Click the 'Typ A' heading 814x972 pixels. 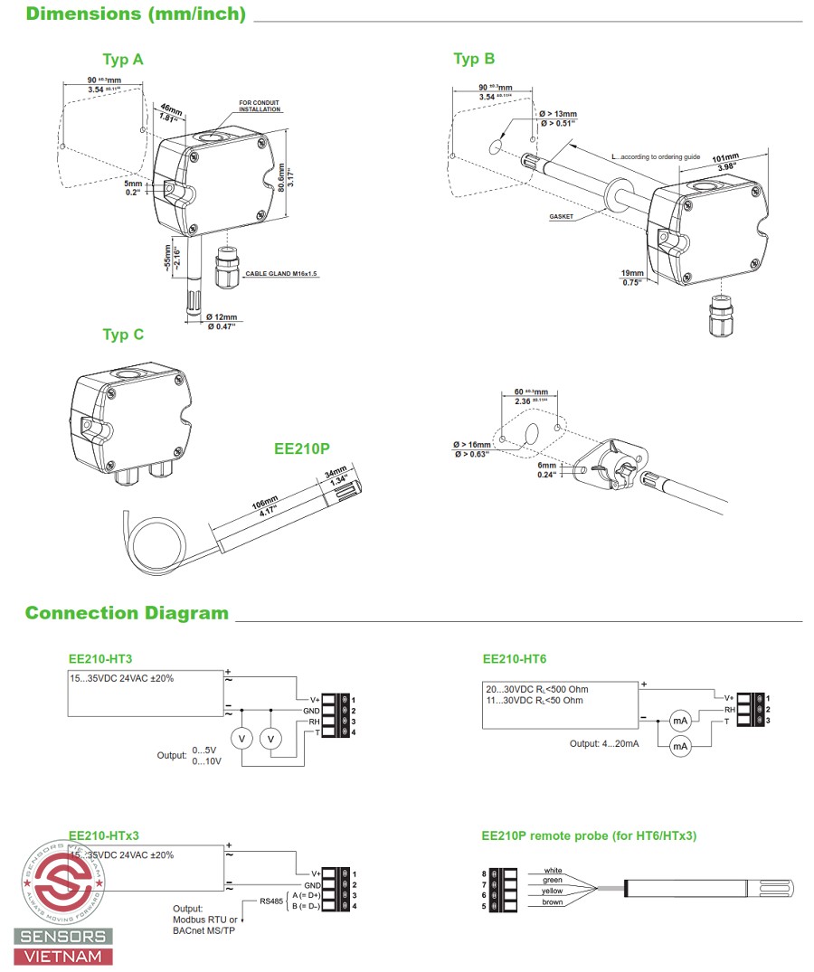click(122, 60)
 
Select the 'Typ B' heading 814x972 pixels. click(474, 59)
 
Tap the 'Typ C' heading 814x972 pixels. click(123, 335)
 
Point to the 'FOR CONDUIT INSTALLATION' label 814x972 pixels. click(260, 107)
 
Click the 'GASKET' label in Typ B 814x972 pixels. click(562, 217)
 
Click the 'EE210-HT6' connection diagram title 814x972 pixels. click(514, 659)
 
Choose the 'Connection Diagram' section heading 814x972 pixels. click(127, 614)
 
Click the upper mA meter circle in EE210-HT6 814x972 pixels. click(680, 721)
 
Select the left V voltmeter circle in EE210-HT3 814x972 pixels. click(241, 739)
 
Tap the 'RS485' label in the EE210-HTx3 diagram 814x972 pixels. click(271, 901)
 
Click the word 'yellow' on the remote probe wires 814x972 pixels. click(552, 892)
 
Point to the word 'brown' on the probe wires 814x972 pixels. click(552, 902)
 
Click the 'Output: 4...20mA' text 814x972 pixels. click(604, 743)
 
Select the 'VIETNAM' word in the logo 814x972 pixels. click(63, 956)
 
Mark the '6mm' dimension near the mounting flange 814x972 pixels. click(546, 466)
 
